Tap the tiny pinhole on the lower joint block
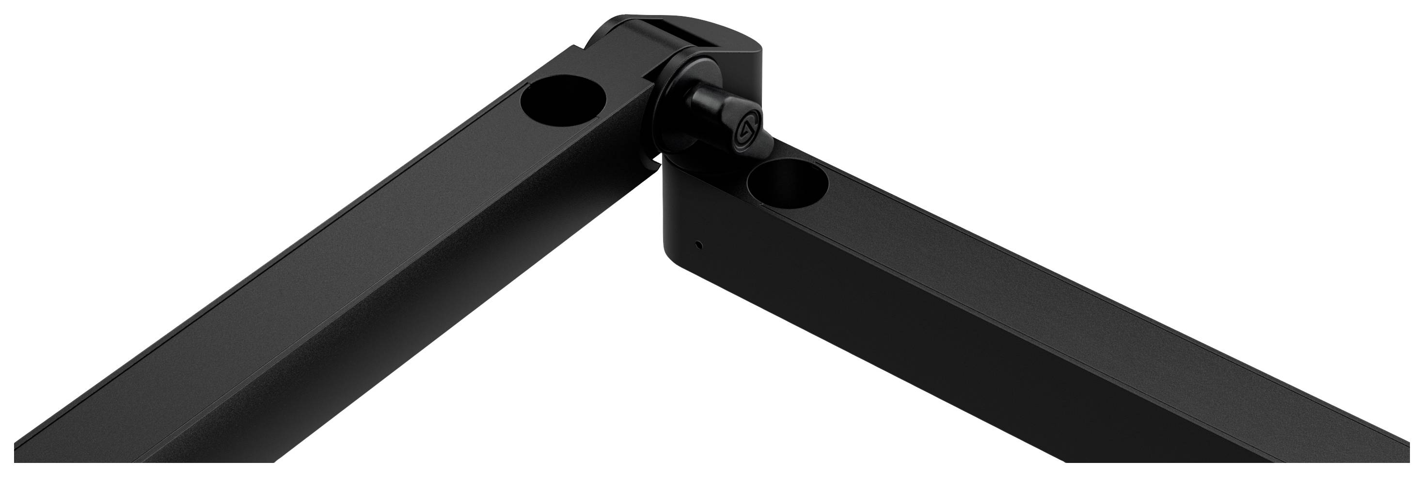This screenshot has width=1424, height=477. [700, 243]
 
